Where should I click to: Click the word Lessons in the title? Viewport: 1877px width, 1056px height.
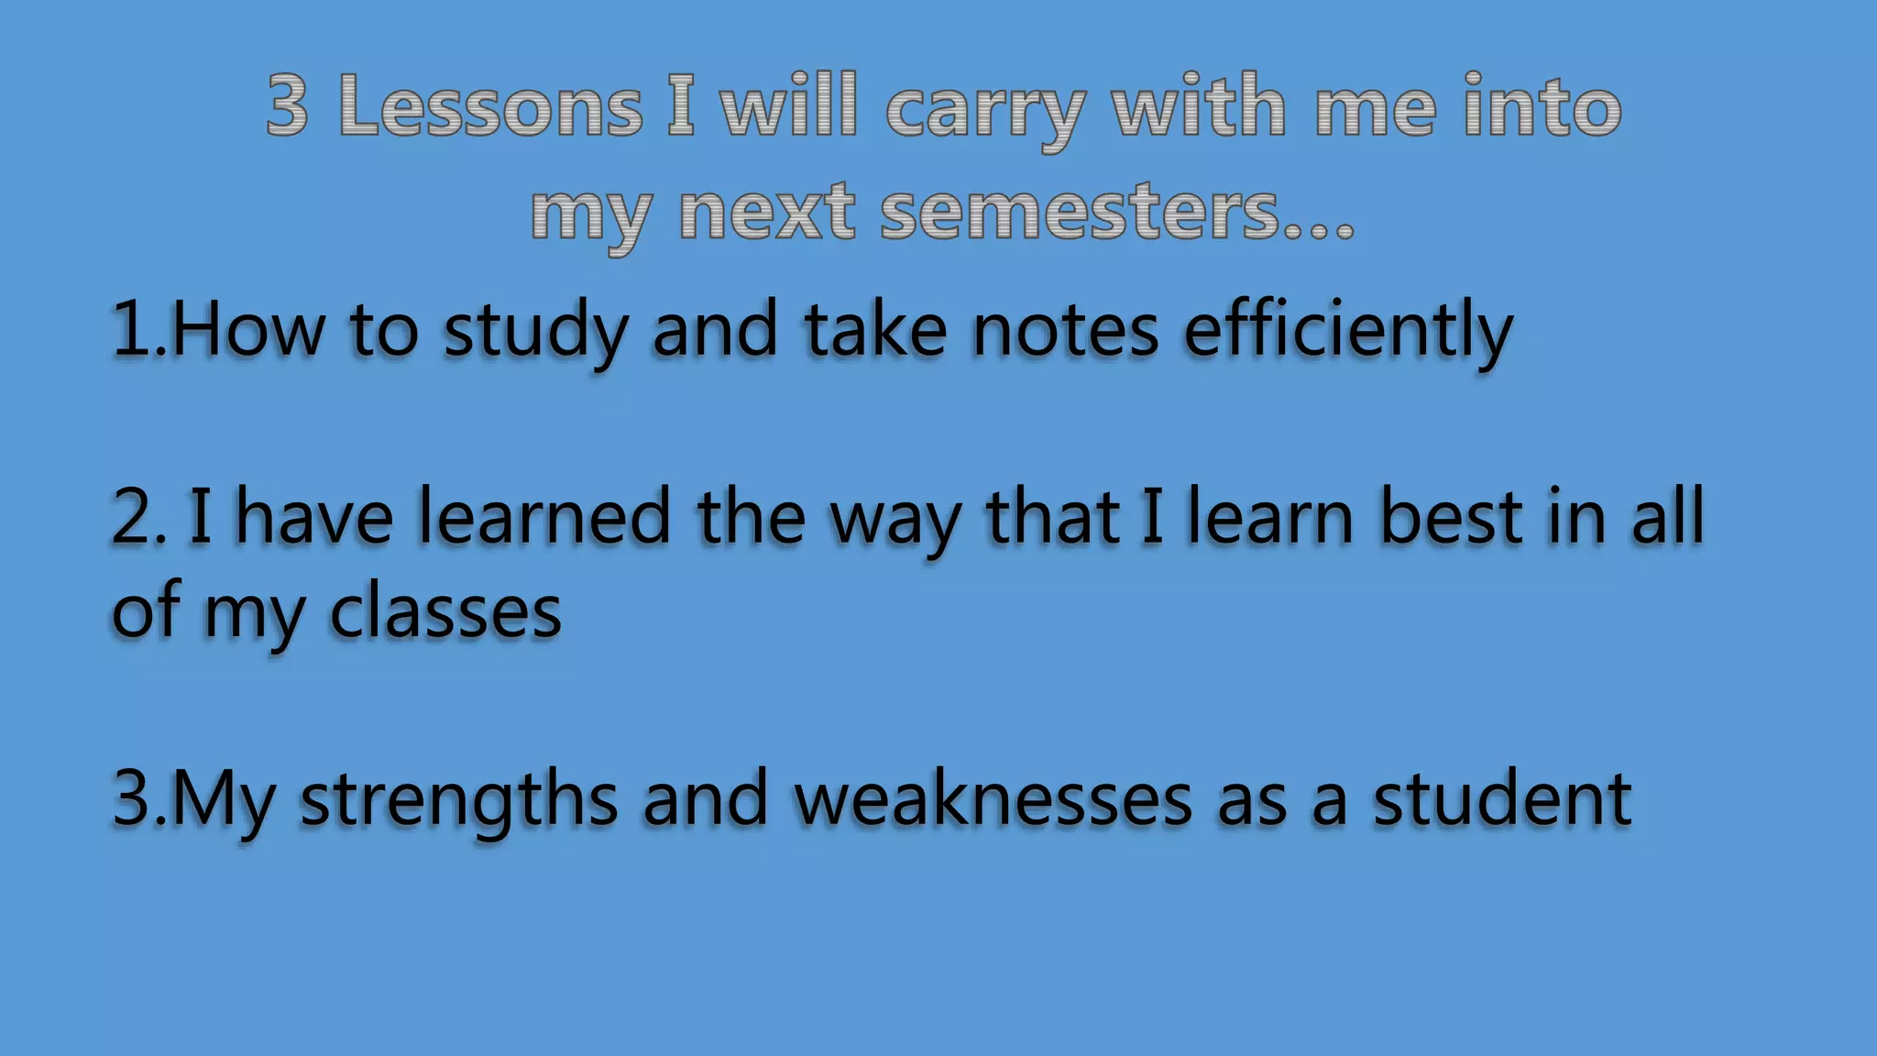(490, 107)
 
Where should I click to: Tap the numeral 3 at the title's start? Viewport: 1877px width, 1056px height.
(287, 107)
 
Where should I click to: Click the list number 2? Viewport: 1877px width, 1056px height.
(133, 518)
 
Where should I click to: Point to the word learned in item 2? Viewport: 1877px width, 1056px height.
(544, 518)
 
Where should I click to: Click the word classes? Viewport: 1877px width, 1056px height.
(445, 612)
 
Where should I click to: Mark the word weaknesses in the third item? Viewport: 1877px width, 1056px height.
(993, 799)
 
